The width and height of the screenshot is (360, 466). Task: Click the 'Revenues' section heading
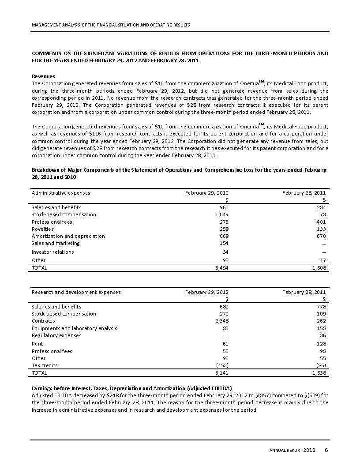click(x=43, y=76)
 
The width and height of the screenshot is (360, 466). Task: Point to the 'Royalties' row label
click(x=42, y=229)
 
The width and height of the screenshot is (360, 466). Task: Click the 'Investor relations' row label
click(x=52, y=252)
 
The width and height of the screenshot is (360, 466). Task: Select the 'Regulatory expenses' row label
click(x=56, y=335)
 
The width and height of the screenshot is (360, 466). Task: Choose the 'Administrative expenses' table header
click(x=61, y=193)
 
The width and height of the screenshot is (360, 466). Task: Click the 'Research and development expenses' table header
click(x=76, y=292)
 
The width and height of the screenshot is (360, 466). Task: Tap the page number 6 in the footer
click(x=326, y=450)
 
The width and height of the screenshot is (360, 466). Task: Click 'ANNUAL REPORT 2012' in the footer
click(x=292, y=451)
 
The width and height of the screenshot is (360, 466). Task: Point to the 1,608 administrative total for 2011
click(x=319, y=268)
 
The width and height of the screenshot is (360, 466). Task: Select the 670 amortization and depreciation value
click(x=321, y=236)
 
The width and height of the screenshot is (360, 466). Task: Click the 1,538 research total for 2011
click(x=319, y=373)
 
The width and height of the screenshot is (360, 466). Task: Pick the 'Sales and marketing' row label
click(x=56, y=243)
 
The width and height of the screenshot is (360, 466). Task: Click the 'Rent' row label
click(x=37, y=344)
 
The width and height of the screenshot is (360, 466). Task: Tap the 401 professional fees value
click(x=321, y=222)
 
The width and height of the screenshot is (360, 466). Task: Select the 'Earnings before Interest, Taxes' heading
click(x=131, y=388)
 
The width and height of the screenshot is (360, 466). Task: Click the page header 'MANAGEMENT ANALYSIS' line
click(x=111, y=25)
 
